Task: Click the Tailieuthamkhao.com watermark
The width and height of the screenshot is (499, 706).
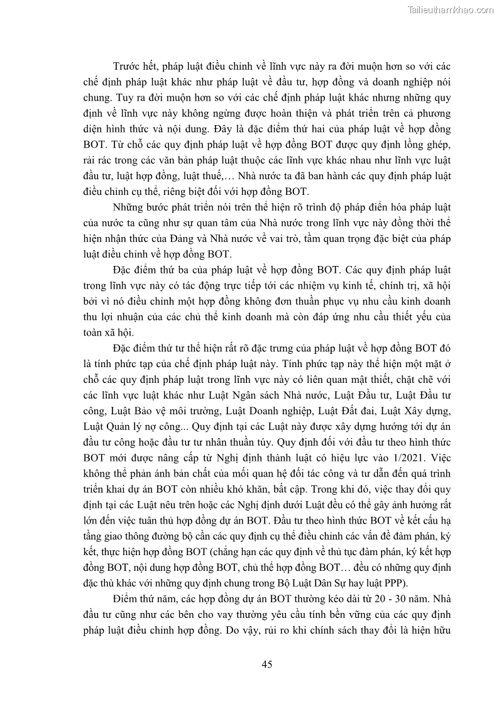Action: point(451,9)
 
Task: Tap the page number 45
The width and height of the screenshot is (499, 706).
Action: point(266,665)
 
